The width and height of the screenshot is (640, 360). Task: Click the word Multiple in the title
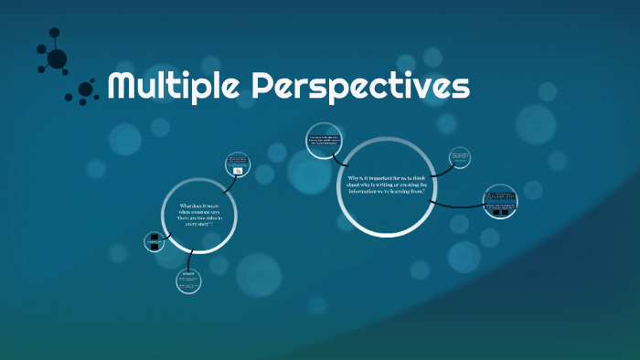(x=175, y=88)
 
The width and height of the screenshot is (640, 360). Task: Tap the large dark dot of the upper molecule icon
(x=57, y=59)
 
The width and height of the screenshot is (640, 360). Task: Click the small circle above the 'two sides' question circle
(x=237, y=165)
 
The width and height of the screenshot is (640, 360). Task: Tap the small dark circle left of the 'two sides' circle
(x=155, y=241)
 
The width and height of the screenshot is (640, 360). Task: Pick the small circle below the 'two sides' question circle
(x=188, y=280)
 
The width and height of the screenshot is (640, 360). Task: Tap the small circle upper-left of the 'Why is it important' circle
(x=326, y=141)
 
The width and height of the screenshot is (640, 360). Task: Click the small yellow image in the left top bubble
(x=238, y=171)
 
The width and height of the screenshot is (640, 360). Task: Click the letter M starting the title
(x=123, y=88)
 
